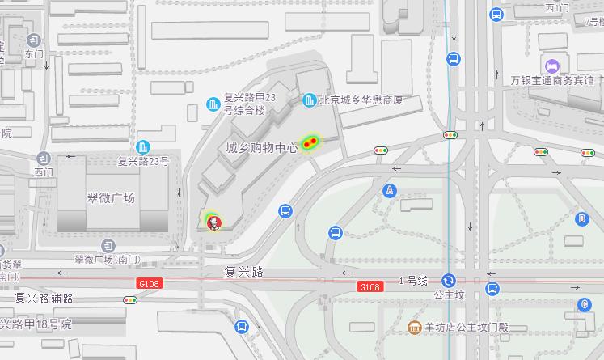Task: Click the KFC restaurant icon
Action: coord(213,221)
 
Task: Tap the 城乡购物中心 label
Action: coord(262,148)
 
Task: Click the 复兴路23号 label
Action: coord(143,161)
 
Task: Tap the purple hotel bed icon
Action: coord(552,65)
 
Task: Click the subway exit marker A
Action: coord(391,190)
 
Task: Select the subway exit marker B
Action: coord(581,218)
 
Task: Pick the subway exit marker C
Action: coord(585,305)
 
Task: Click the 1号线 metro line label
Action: coord(412,280)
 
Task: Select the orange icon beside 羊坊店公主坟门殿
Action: coord(414,328)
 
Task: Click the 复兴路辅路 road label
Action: coord(44,298)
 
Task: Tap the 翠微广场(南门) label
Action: coord(107,260)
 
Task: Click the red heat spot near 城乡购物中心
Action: coord(309,143)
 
